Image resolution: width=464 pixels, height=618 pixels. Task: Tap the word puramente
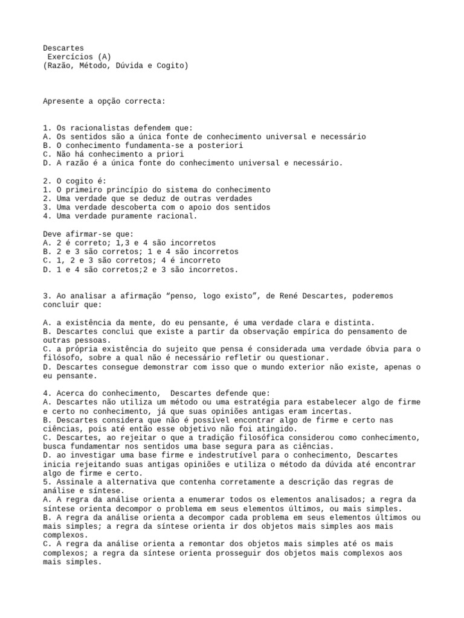point(131,216)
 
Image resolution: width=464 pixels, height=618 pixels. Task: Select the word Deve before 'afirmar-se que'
point(51,234)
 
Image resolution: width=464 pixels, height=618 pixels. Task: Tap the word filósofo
point(62,358)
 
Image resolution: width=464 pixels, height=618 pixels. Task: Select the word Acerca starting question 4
point(66,393)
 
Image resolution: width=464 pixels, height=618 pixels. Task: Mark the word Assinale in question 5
point(71,482)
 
